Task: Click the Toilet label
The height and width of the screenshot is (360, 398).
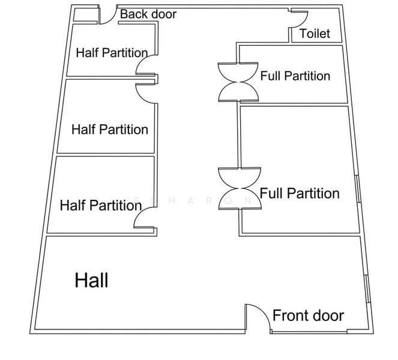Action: pos(315,34)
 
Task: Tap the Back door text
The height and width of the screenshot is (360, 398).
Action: pos(148,14)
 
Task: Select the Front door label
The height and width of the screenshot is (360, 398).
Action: pos(308,316)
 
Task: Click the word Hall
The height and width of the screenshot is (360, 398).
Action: pos(91,280)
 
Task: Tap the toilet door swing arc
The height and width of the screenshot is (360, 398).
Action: pos(304,22)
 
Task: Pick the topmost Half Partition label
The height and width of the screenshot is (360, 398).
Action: pos(112,53)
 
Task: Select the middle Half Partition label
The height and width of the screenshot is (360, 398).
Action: pos(110,130)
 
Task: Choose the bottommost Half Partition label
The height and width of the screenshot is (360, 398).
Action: pos(101,205)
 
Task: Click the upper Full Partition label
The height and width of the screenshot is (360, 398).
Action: pos(295,76)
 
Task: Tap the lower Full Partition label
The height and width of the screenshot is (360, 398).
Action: pos(300,193)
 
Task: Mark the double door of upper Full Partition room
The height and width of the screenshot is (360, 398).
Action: pos(238,82)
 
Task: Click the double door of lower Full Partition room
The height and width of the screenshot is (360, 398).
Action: pos(240,188)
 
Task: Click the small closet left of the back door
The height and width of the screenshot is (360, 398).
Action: pos(86,15)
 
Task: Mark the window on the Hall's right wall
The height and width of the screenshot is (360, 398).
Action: pos(367,289)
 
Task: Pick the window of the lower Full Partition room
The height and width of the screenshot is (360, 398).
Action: pos(358,189)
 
